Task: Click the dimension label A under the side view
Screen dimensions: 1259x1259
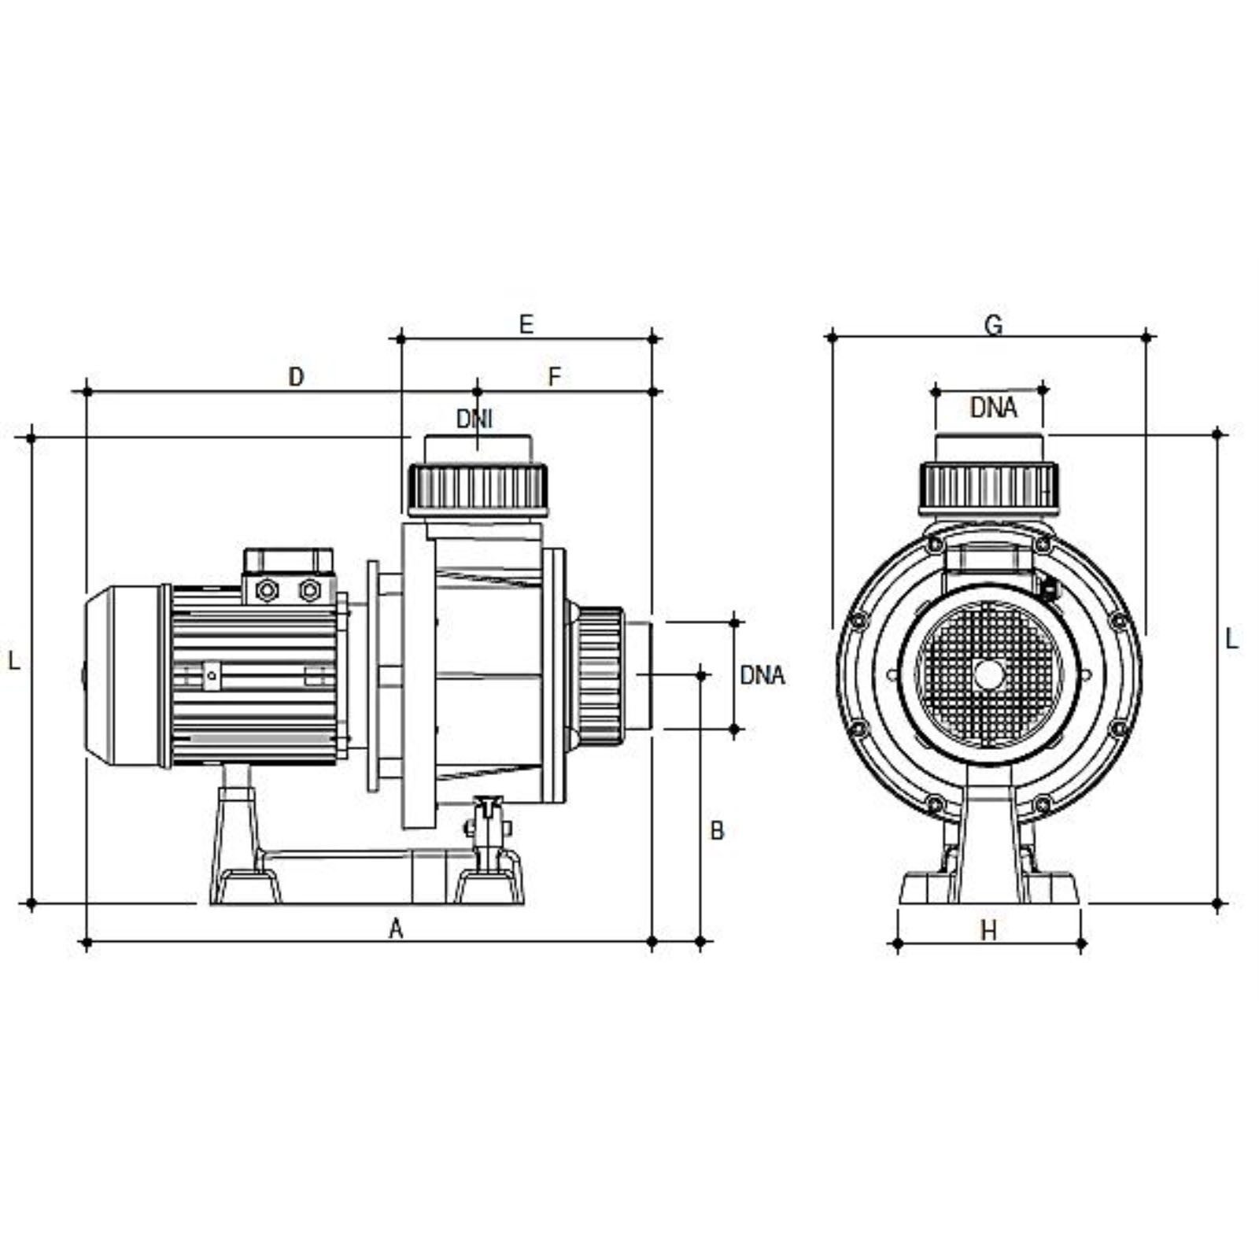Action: point(396,929)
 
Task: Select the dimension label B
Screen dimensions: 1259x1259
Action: point(717,831)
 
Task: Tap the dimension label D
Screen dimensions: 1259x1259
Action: point(296,377)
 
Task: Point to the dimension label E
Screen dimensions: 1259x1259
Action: point(526,324)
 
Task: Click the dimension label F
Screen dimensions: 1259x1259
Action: point(555,377)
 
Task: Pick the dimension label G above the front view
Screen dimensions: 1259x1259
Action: point(994,324)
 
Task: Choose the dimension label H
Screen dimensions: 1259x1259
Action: point(988,932)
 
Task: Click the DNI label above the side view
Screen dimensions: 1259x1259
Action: point(474,419)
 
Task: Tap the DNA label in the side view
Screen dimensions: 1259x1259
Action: point(762,675)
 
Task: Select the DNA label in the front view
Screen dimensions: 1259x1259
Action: point(994,408)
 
